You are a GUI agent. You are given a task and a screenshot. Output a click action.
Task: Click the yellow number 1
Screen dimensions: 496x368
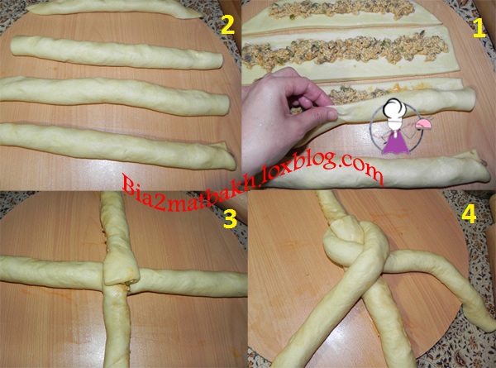pyautogui.click(x=479, y=27)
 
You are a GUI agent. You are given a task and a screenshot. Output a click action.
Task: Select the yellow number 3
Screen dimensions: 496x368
pyautogui.click(x=230, y=217)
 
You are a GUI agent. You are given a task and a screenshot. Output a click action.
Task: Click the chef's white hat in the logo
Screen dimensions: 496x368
pyautogui.click(x=395, y=109)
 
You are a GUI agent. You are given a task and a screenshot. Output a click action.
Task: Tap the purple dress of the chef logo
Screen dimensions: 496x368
pyautogui.click(x=396, y=143)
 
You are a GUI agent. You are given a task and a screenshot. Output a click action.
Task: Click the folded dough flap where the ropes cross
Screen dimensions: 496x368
pyautogui.click(x=121, y=270)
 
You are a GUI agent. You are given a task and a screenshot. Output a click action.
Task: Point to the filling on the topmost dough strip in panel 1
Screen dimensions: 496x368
pyautogui.click(x=341, y=9)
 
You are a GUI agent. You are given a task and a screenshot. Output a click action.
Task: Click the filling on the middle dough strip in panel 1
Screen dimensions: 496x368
pyautogui.click(x=345, y=50)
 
